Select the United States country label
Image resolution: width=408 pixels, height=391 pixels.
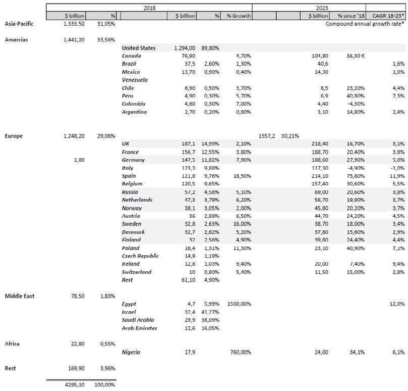coord(138,48)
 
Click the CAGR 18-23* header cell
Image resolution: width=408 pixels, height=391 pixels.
coord(386,16)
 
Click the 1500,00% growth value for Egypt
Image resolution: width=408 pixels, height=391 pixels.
coord(239,304)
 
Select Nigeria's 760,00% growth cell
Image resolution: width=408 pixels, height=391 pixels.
coord(241,352)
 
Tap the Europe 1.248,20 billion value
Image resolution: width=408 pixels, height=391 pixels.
coord(76,136)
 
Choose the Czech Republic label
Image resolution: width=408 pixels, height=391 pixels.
coord(140,256)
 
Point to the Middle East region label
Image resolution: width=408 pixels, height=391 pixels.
coord(19,296)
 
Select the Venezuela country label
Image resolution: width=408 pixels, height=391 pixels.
coord(135,80)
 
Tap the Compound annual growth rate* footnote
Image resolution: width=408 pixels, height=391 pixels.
coord(365,24)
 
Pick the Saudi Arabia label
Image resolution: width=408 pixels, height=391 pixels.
coord(138,320)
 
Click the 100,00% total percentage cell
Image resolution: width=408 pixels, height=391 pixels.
coord(104,384)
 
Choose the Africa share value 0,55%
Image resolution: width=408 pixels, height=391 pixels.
coord(106,344)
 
